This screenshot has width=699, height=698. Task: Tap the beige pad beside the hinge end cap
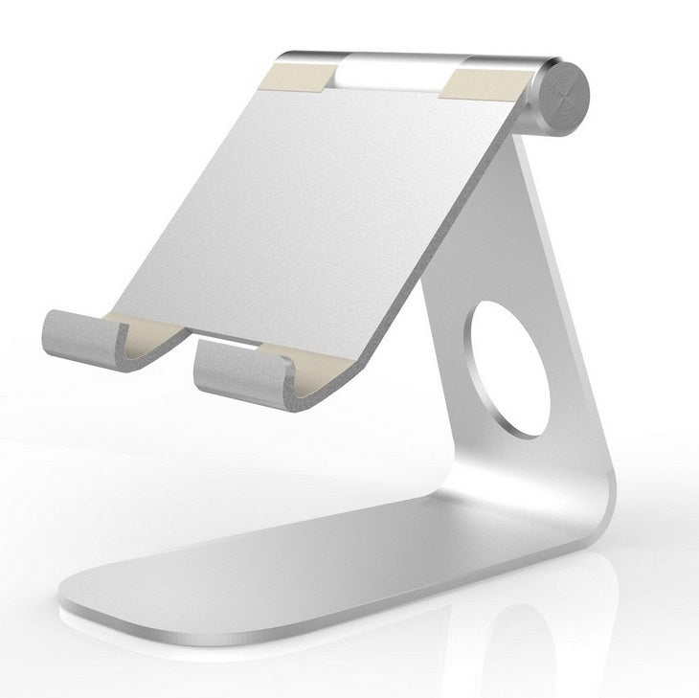click(x=493, y=77)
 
